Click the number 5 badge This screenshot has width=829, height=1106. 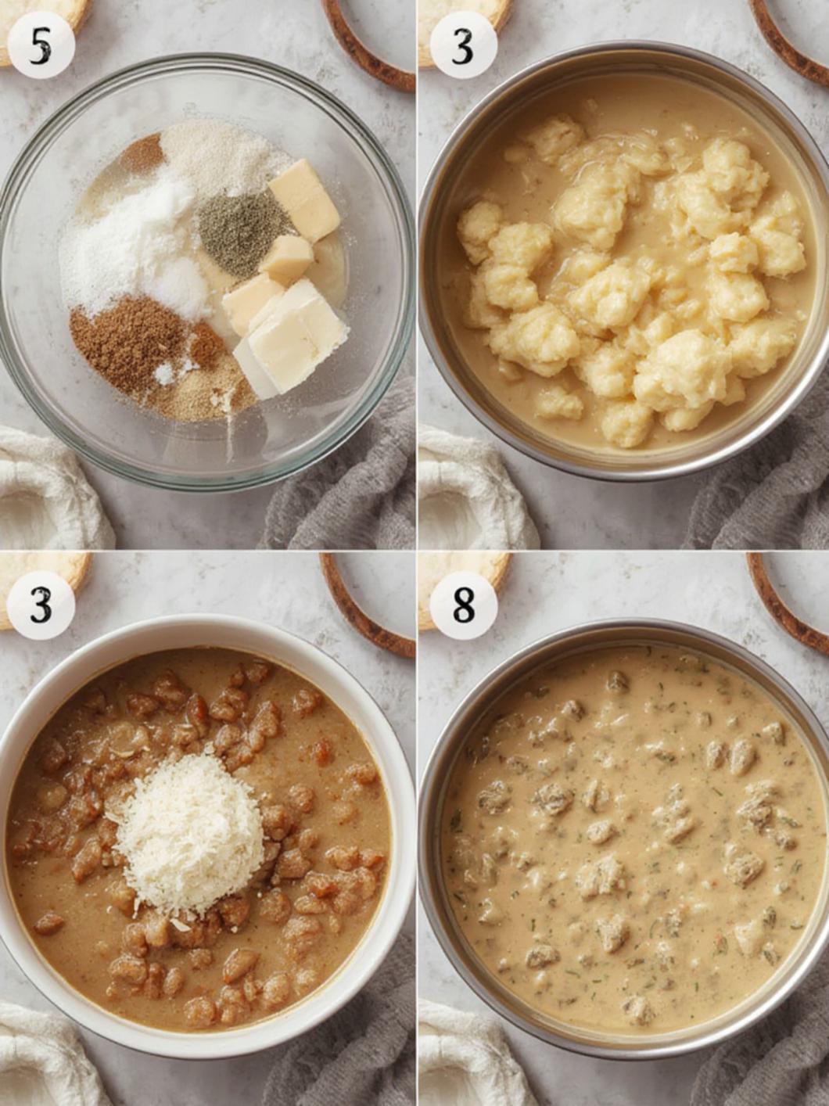(x=41, y=45)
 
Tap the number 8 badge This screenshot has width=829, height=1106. (x=463, y=605)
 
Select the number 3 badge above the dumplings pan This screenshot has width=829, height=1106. (x=463, y=45)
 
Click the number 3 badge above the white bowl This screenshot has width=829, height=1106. (x=41, y=605)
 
